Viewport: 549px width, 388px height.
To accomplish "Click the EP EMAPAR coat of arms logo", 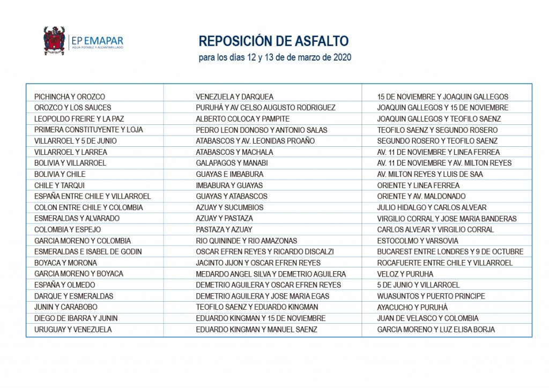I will (x=54, y=41).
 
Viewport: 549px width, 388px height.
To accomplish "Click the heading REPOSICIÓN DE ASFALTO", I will (x=273, y=41).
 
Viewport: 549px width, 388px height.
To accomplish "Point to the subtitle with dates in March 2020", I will (x=274, y=57).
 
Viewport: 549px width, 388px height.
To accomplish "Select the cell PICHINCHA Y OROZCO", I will (x=70, y=97).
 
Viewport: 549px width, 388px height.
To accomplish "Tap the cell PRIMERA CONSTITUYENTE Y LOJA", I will (x=88, y=130).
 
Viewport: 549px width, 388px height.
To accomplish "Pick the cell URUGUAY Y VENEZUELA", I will (x=73, y=330).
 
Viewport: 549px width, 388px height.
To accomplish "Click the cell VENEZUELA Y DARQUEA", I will (x=234, y=97).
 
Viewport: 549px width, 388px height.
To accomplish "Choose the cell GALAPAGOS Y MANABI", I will (x=232, y=163).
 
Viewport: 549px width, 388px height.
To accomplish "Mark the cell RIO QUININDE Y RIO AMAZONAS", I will (x=246, y=241).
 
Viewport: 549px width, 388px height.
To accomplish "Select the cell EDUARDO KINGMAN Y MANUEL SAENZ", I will (x=256, y=330).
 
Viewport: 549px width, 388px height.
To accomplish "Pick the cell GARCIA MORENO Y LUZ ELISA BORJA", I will (x=436, y=330).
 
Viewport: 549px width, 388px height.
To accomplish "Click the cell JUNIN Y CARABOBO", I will (x=66, y=307).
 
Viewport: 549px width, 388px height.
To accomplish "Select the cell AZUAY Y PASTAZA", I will (x=224, y=219).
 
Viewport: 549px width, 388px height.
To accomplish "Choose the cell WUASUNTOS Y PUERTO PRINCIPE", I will (x=431, y=296).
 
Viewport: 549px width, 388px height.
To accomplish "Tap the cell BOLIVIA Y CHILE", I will (x=60, y=174).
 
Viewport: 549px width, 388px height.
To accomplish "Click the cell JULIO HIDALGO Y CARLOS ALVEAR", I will (x=432, y=207).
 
